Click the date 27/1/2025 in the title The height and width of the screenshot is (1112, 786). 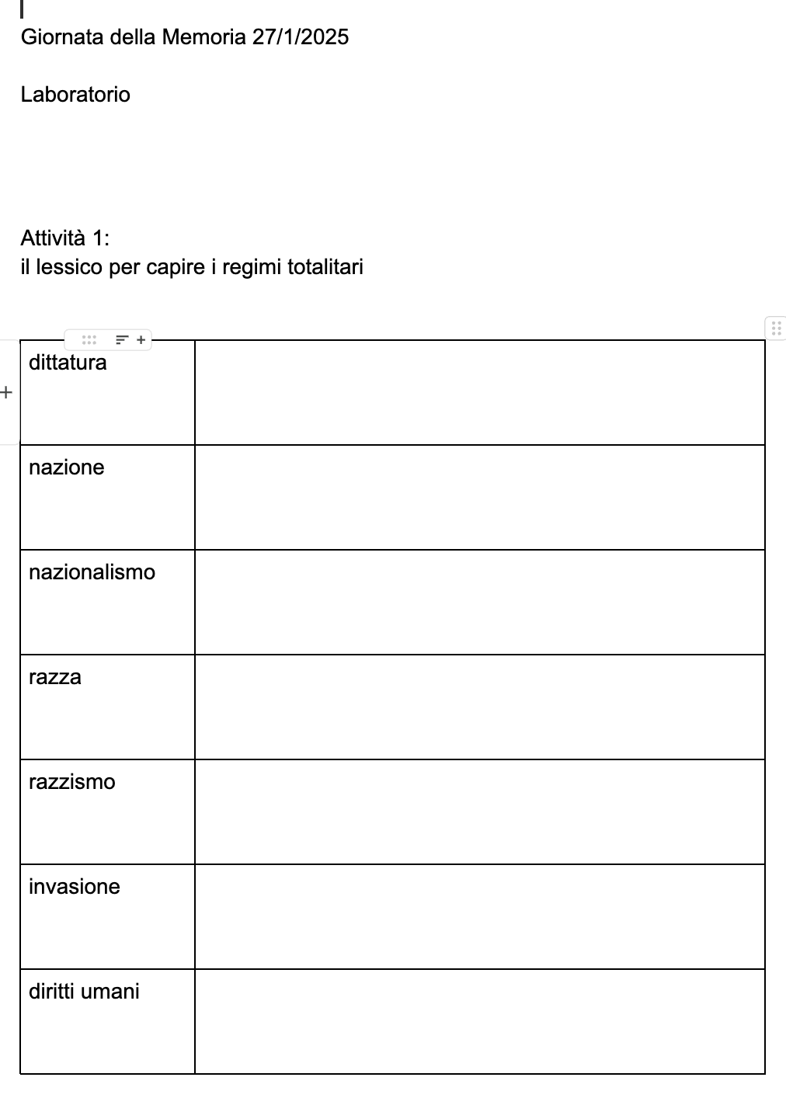301,37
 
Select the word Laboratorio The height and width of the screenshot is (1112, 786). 75,95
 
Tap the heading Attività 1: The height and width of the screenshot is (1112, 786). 65,238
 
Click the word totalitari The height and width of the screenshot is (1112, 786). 325,267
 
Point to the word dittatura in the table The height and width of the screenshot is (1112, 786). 68,363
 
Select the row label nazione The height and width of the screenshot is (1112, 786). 66,467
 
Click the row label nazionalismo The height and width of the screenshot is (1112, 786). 92,572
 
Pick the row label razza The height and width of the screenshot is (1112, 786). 54,677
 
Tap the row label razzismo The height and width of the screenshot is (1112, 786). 71,782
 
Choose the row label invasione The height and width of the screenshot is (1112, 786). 74,887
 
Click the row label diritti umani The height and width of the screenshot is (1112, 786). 84,992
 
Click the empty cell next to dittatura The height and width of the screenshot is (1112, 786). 479,393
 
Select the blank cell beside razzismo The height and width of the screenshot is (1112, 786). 479,812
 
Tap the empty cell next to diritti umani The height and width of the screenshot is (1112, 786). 479,1022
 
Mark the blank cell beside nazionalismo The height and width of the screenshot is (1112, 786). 479,603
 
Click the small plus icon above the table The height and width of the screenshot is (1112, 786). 141,340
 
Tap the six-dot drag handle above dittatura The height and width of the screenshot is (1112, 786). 89,340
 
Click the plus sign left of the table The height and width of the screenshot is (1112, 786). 7,392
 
